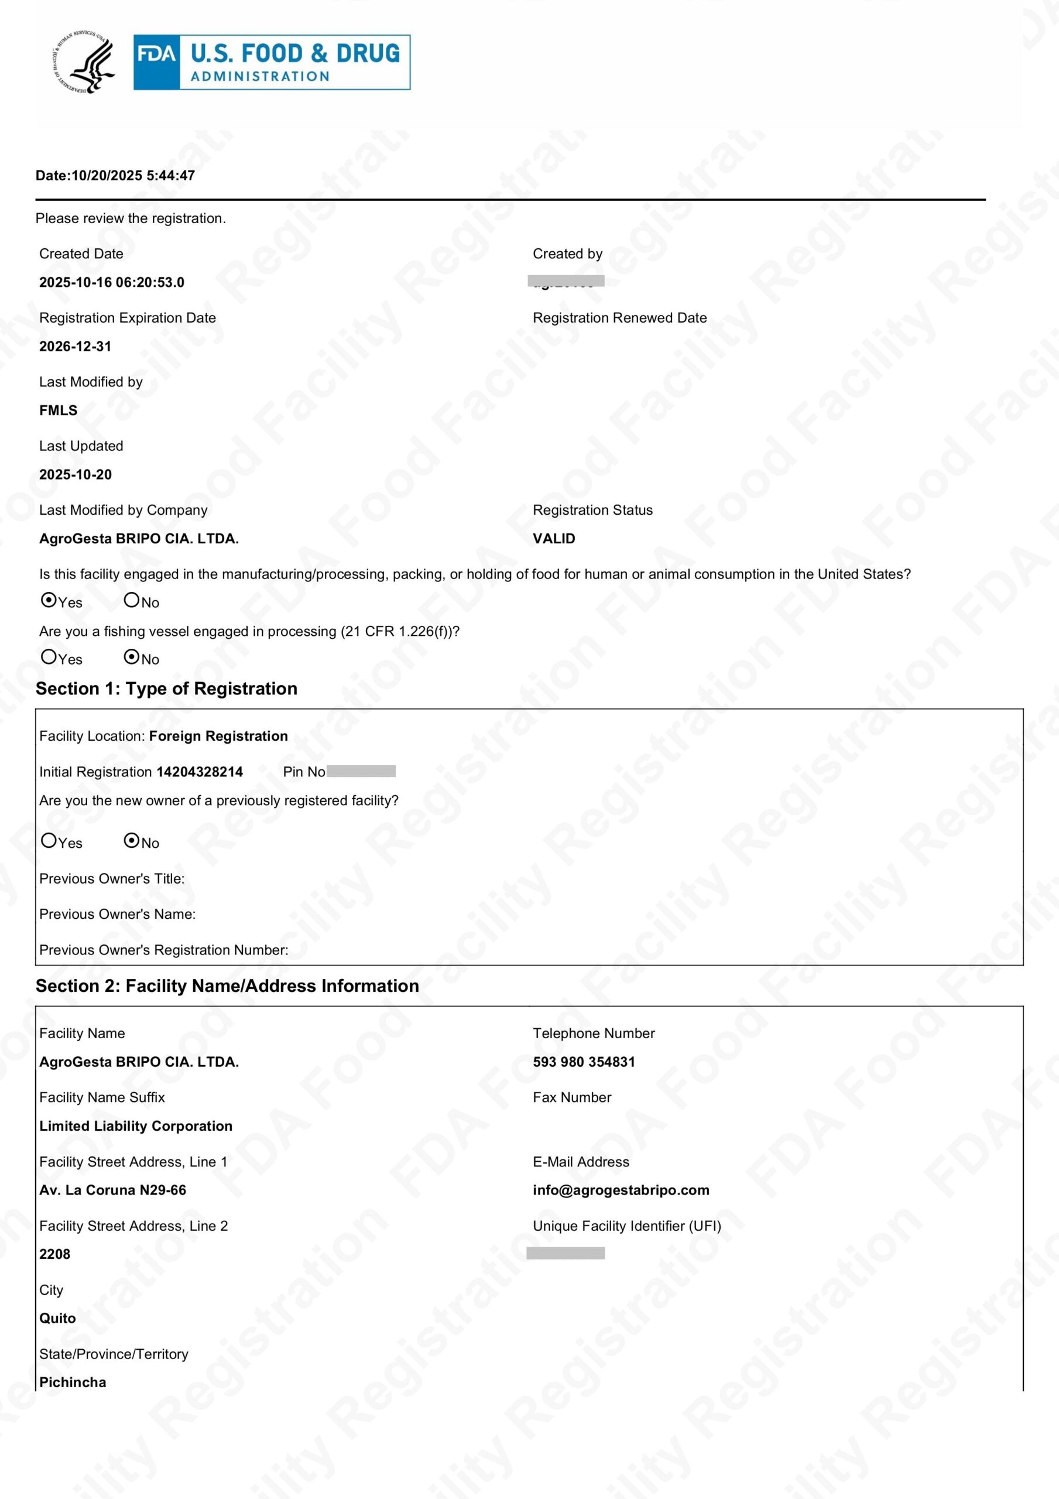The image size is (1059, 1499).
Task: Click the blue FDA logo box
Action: point(272,62)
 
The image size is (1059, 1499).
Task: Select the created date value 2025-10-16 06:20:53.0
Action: point(112,283)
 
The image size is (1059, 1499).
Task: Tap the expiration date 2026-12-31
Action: point(75,347)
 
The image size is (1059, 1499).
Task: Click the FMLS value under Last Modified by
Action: point(58,410)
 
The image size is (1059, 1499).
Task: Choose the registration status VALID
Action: point(554,539)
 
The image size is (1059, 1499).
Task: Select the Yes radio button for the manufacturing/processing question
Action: point(49,600)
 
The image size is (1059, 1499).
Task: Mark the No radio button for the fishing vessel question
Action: point(132,657)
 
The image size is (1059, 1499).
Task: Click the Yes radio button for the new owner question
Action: point(49,840)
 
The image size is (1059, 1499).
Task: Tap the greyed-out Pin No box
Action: point(361,771)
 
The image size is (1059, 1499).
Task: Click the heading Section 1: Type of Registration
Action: point(166,689)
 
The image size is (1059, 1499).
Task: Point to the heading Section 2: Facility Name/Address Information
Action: point(227,986)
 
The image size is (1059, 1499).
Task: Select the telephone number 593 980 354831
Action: point(584,1062)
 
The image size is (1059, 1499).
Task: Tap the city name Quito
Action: point(57,1318)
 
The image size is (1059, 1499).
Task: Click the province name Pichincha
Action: point(73,1382)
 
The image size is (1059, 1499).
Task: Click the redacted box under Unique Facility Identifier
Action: point(566,1253)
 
